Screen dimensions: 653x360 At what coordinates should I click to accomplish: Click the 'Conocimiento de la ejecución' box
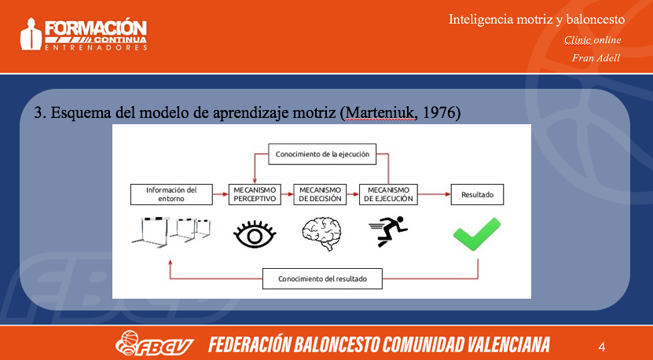[322, 154]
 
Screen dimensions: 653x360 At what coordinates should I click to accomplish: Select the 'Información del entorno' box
[171, 195]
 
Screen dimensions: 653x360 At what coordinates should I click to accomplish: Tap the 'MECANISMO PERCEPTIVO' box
[255, 195]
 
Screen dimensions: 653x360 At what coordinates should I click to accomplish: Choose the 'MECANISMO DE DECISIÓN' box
[320, 195]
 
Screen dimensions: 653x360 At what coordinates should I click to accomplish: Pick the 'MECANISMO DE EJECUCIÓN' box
[388, 195]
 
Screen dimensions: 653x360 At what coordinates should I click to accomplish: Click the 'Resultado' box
[477, 195]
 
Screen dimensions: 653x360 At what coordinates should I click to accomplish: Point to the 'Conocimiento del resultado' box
[322, 279]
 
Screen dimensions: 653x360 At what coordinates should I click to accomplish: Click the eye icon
[255, 234]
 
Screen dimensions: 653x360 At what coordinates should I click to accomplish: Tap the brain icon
[321, 233]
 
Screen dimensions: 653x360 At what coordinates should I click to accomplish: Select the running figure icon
[387, 231]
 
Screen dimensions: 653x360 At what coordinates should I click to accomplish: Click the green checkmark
[477, 233]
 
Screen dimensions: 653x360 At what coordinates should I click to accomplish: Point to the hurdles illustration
[171, 231]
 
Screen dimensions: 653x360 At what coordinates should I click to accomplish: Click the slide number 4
[602, 347]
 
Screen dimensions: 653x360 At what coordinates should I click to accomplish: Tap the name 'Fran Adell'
[596, 57]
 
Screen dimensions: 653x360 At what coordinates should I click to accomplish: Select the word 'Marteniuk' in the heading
[378, 113]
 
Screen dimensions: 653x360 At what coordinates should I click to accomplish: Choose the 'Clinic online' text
[592, 40]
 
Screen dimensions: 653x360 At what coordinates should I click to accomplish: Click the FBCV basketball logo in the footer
[155, 343]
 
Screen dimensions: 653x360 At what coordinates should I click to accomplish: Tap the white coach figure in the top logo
[31, 34]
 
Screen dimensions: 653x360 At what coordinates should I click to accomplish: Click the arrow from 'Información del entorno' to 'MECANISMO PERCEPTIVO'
[221, 195]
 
